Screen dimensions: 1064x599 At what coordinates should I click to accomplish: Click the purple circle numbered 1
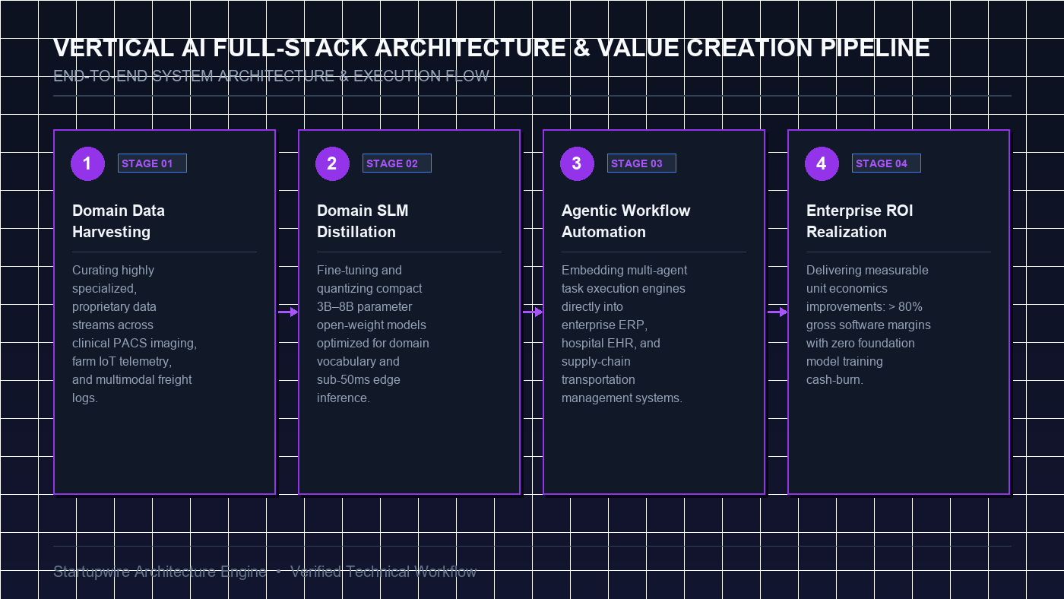[87, 163]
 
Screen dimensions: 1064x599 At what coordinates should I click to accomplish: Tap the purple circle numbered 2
[332, 163]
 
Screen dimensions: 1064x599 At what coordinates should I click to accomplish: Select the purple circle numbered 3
[577, 163]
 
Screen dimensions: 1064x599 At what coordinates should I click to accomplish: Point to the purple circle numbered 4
[822, 163]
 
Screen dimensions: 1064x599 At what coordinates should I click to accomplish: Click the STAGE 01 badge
[152, 163]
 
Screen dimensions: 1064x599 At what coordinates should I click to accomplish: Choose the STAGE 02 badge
[397, 163]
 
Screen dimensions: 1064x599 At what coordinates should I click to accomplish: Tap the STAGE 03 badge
[641, 163]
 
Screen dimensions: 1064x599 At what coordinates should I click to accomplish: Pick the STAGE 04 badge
[886, 163]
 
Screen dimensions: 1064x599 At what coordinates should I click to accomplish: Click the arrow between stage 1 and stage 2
[288, 312]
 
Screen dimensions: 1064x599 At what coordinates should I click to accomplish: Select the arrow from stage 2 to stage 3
[533, 312]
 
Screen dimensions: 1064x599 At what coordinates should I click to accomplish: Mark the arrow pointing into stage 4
[777, 312]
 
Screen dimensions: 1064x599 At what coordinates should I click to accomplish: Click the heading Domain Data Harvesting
[119, 221]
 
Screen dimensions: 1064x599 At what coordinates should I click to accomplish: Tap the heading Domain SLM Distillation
[363, 221]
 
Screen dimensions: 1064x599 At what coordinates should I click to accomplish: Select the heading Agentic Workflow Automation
[625, 221]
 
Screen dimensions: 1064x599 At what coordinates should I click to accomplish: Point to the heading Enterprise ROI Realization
[860, 221]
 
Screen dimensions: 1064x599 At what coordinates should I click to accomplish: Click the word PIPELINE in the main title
[875, 48]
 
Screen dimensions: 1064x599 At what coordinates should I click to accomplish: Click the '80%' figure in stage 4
[910, 307]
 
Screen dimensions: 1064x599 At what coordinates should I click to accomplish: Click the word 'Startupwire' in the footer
[92, 572]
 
